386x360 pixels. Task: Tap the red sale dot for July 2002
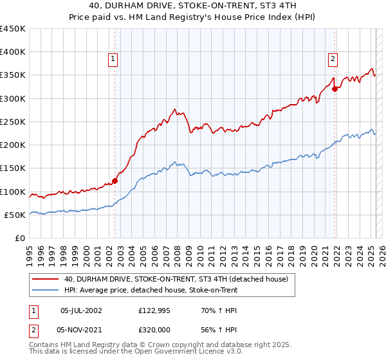115,181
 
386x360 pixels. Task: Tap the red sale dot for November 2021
335,89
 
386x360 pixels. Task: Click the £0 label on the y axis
21,239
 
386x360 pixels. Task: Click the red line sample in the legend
45,279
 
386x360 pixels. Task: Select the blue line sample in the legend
45,291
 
